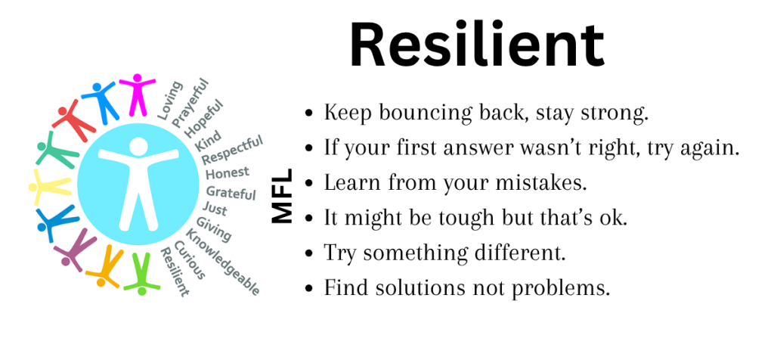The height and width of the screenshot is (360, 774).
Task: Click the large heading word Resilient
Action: click(477, 45)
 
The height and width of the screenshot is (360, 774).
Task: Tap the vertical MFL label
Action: click(283, 196)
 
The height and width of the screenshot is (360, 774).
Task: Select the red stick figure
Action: click(73, 120)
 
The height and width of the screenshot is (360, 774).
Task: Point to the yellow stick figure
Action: click(51, 186)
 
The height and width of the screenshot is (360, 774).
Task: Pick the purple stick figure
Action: click(75, 248)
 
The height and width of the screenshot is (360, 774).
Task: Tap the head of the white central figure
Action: click(138, 146)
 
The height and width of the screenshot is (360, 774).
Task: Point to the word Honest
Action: click(228, 173)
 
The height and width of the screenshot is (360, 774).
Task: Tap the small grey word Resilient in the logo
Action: click(175, 272)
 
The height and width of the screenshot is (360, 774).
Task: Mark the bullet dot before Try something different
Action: click(309, 253)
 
